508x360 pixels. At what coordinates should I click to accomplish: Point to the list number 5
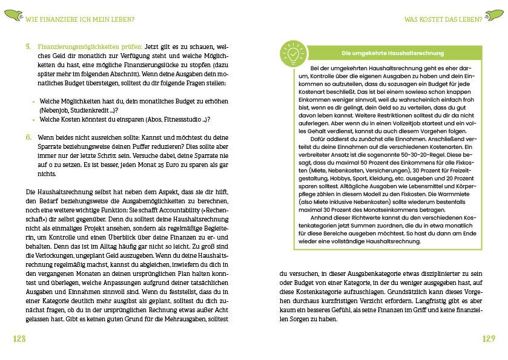point(28,46)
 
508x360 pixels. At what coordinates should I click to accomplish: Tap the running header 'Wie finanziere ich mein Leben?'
point(80,19)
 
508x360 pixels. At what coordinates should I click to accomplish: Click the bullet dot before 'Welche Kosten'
point(33,120)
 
